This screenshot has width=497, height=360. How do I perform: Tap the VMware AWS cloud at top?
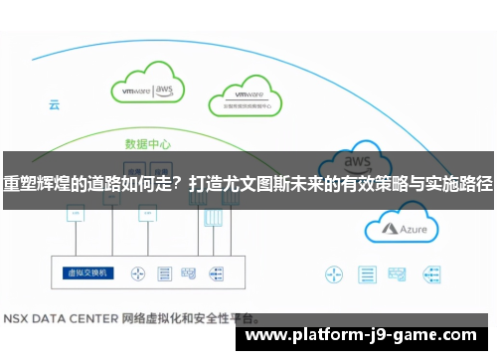pos(148,88)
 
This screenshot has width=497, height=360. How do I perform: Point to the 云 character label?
pos(55,103)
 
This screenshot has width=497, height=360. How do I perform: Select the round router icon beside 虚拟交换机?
pos(139,245)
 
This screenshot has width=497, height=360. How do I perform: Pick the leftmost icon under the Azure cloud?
pos(334,245)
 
